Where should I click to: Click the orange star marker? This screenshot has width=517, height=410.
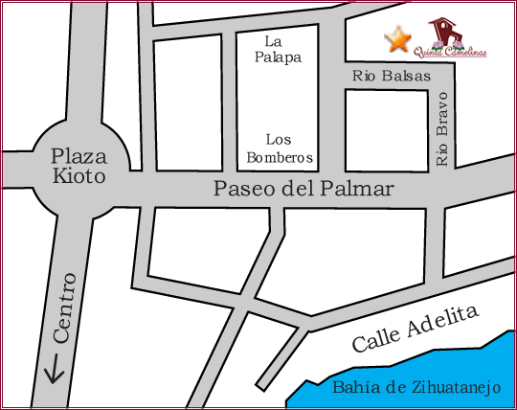(x=397, y=40)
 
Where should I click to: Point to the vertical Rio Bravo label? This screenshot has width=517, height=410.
(x=441, y=130)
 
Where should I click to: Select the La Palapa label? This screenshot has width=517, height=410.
(x=277, y=49)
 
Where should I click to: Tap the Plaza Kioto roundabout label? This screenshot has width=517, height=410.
(x=79, y=166)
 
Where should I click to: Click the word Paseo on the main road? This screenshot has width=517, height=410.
(x=238, y=190)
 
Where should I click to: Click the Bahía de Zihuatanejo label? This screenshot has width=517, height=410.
(x=416, y=388)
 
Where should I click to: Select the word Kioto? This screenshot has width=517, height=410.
(x=79, y=176)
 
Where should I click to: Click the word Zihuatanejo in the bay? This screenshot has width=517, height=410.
(x=449, y=388)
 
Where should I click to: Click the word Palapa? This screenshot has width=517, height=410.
(x=277, y=57)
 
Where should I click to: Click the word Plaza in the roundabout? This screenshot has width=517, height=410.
(x=79, y=155)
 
